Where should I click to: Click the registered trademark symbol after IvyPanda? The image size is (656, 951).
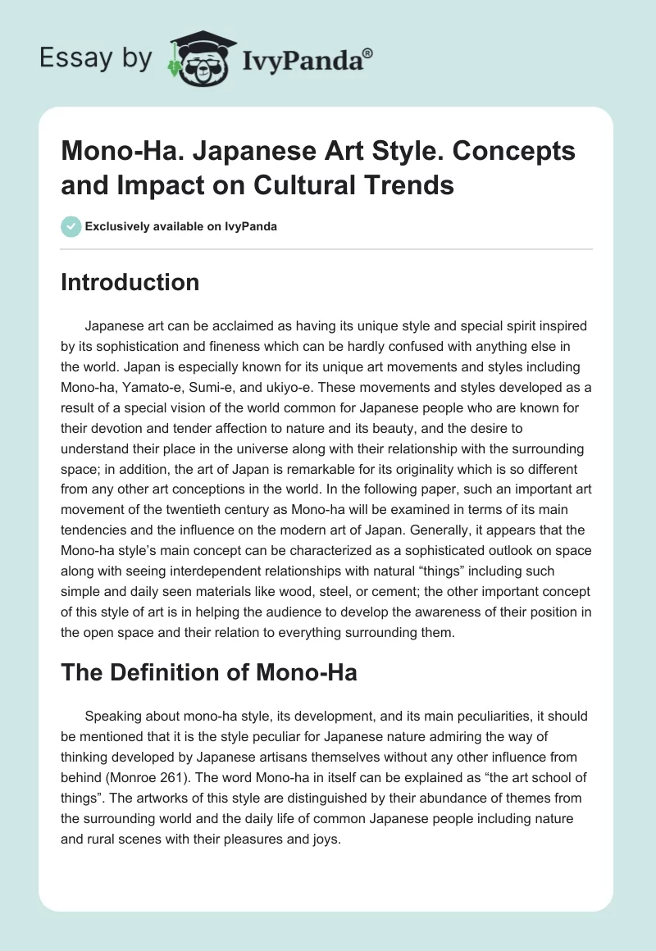click(x=368, y=53)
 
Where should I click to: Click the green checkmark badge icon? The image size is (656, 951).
click(x=71, y=226)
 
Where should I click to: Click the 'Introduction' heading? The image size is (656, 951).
click(x=130, y=282)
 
